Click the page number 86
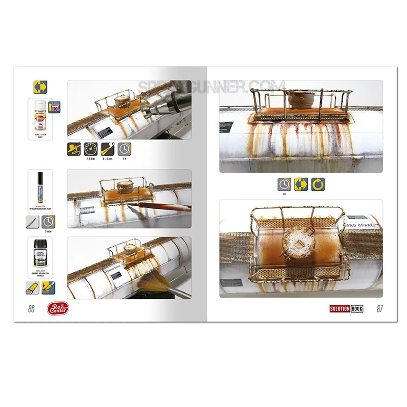[31, 309]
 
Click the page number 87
[379, 309]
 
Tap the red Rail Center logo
[58, 309]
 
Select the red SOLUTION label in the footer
[339, 309]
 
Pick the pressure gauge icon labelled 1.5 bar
[91, 149]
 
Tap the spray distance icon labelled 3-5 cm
[107, 149]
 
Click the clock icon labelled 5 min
[48, 222]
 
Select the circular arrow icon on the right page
[317, 185]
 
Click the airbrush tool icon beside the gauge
[74, 149]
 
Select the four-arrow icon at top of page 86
[40, 87]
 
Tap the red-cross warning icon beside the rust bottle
[54, 107]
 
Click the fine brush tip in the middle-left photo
[130, 207]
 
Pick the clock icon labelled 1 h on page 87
[284, 185]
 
